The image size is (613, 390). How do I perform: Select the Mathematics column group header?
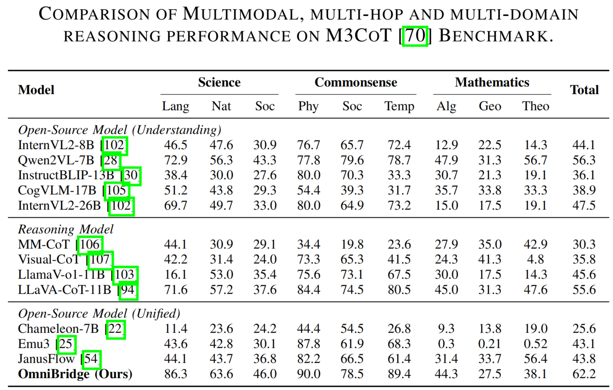[492, 83]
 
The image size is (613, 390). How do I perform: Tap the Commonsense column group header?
[356, 83]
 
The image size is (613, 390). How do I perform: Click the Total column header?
[584, 90]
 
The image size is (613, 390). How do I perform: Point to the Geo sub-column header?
[490, 106]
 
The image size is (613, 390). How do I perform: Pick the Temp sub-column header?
[399, 106]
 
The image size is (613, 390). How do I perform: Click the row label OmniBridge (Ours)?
[75, 374]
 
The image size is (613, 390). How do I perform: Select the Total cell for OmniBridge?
[584, 374]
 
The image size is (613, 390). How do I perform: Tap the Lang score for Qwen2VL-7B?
[176, 161]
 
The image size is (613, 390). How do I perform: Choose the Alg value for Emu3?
[446, 343]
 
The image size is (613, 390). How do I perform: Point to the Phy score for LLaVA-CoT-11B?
[308, 290]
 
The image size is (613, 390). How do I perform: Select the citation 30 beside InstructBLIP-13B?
[132, 176]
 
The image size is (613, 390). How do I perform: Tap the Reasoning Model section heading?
[66, 229]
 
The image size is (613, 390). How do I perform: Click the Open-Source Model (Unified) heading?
[99, 314]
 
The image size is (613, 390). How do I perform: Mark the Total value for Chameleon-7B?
[584, 329]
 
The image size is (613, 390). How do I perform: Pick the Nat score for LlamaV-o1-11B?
[221, 275]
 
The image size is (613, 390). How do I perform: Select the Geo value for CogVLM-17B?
[490, 191]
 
